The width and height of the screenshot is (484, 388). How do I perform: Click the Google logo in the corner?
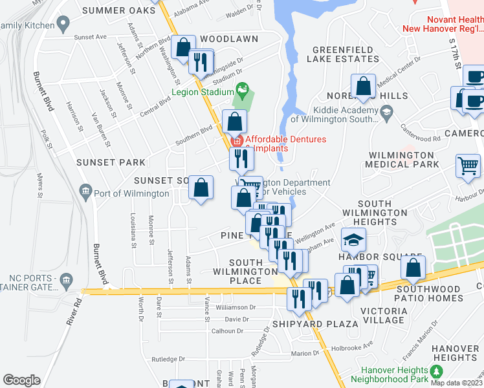click(x=21, y=380)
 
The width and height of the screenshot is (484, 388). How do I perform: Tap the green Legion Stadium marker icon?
click(x=243, y=88)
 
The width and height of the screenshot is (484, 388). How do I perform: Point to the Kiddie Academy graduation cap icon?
click(x=386, y=114)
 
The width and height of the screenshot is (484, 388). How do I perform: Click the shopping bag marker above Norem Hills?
click(x=364, y=85)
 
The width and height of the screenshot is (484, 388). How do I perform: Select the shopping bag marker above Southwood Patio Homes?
click(x=413, y=266)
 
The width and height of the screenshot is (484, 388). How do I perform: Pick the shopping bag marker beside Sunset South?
click(x=201, y=188)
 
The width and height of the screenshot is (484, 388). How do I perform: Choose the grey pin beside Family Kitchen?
click(x=63, y=25)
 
